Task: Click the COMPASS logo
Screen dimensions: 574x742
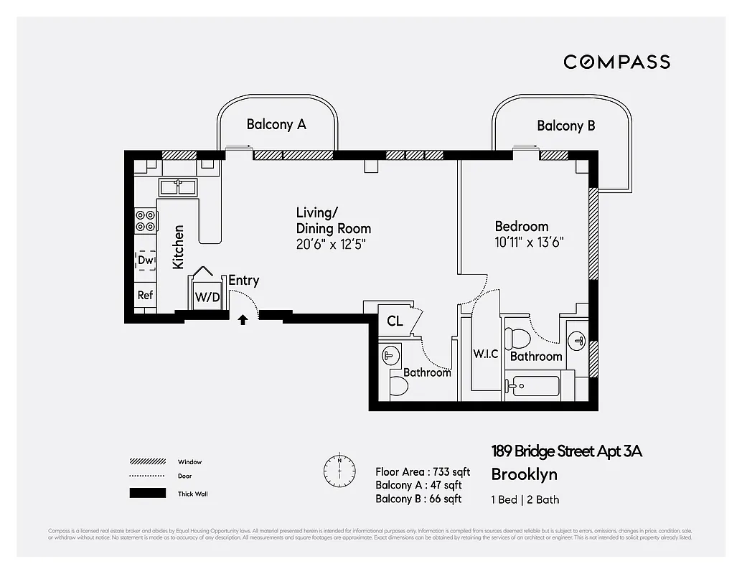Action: tap(616, 62)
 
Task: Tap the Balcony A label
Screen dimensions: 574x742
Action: tap(276, 124)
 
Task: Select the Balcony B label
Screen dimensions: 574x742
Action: tap(565, 126)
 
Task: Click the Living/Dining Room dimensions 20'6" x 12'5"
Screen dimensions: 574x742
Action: tap(333, 244)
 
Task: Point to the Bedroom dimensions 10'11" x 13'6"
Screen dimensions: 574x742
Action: tap(529, 242)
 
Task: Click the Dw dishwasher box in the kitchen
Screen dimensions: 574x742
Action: tap(146, 260)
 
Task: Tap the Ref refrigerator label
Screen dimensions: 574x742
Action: tap(145, 295)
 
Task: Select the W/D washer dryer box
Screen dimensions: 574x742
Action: tap(207, 296)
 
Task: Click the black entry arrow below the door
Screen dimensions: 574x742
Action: tap(243, 320)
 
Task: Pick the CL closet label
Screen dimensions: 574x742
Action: tap(395, 321)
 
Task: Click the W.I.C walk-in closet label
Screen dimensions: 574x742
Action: tap(486, 354)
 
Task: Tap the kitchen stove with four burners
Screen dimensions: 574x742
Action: tap(146, 220)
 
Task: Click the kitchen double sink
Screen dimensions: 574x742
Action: tap(178, 187)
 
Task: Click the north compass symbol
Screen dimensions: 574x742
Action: tap(339, 469)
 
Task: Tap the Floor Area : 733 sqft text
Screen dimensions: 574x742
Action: tap(423, 471)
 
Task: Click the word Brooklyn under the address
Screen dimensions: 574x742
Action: tap(524, 474)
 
